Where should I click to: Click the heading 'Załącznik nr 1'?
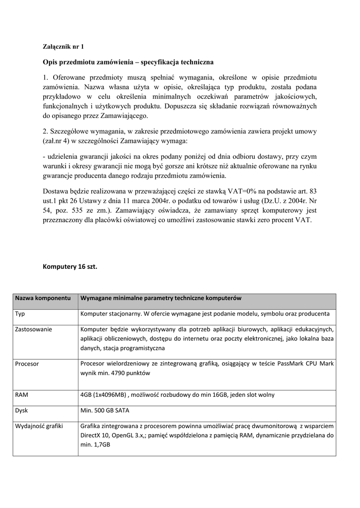click(64, 47)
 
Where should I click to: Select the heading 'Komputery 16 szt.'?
click(70, 266)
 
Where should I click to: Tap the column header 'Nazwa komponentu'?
click(43, 298)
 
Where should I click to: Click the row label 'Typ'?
click(20, 314)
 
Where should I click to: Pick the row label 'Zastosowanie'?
click(34, 329)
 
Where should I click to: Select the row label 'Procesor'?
click(27, 364)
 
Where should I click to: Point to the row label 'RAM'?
click(21, 395)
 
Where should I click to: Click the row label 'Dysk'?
click(21, 411)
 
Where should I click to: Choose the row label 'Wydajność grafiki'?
click(39, 426)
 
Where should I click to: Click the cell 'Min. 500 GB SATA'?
click(105, 411)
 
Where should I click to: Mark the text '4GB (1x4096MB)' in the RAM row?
click(103, 395)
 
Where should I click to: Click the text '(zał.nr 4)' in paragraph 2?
click(57, 141)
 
